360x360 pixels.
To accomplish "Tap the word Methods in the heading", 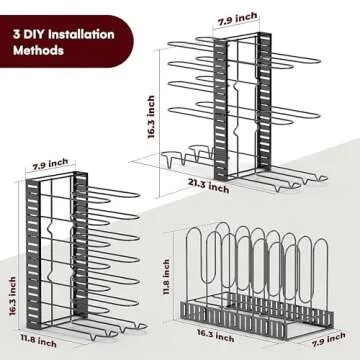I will click(45, 51).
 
